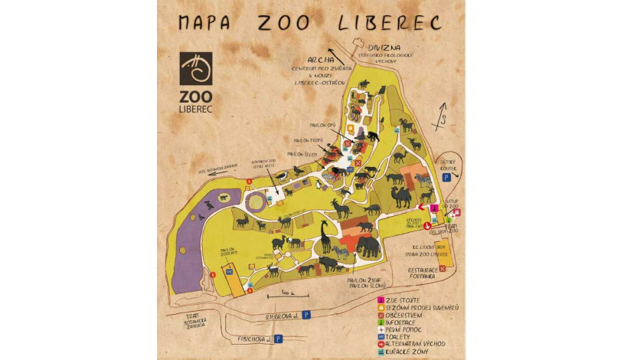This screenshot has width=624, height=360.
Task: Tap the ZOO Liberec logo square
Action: tap(197, 68)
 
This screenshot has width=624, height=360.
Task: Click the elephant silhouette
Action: tap(367, 246)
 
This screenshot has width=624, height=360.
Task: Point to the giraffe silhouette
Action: tap(325, 237)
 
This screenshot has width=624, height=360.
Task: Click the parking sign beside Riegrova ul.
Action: tap(306, 314)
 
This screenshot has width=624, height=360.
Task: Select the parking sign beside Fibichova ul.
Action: tap(279, 337)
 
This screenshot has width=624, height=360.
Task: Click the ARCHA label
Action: tap(321, 58)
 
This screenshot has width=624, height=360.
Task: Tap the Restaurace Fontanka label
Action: tap(422, 273)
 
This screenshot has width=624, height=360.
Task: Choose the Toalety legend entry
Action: tap(401, 335)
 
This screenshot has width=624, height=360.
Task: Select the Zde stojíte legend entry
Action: tap(402, 299)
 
